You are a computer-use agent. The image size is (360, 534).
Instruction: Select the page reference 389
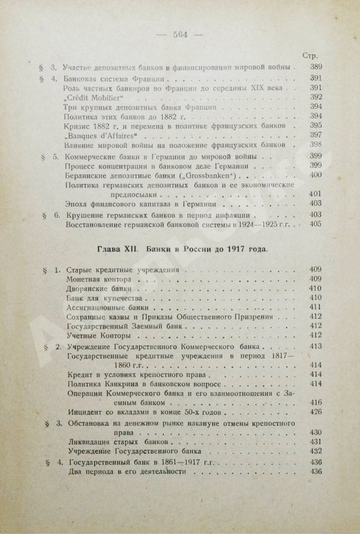[314, 67]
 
